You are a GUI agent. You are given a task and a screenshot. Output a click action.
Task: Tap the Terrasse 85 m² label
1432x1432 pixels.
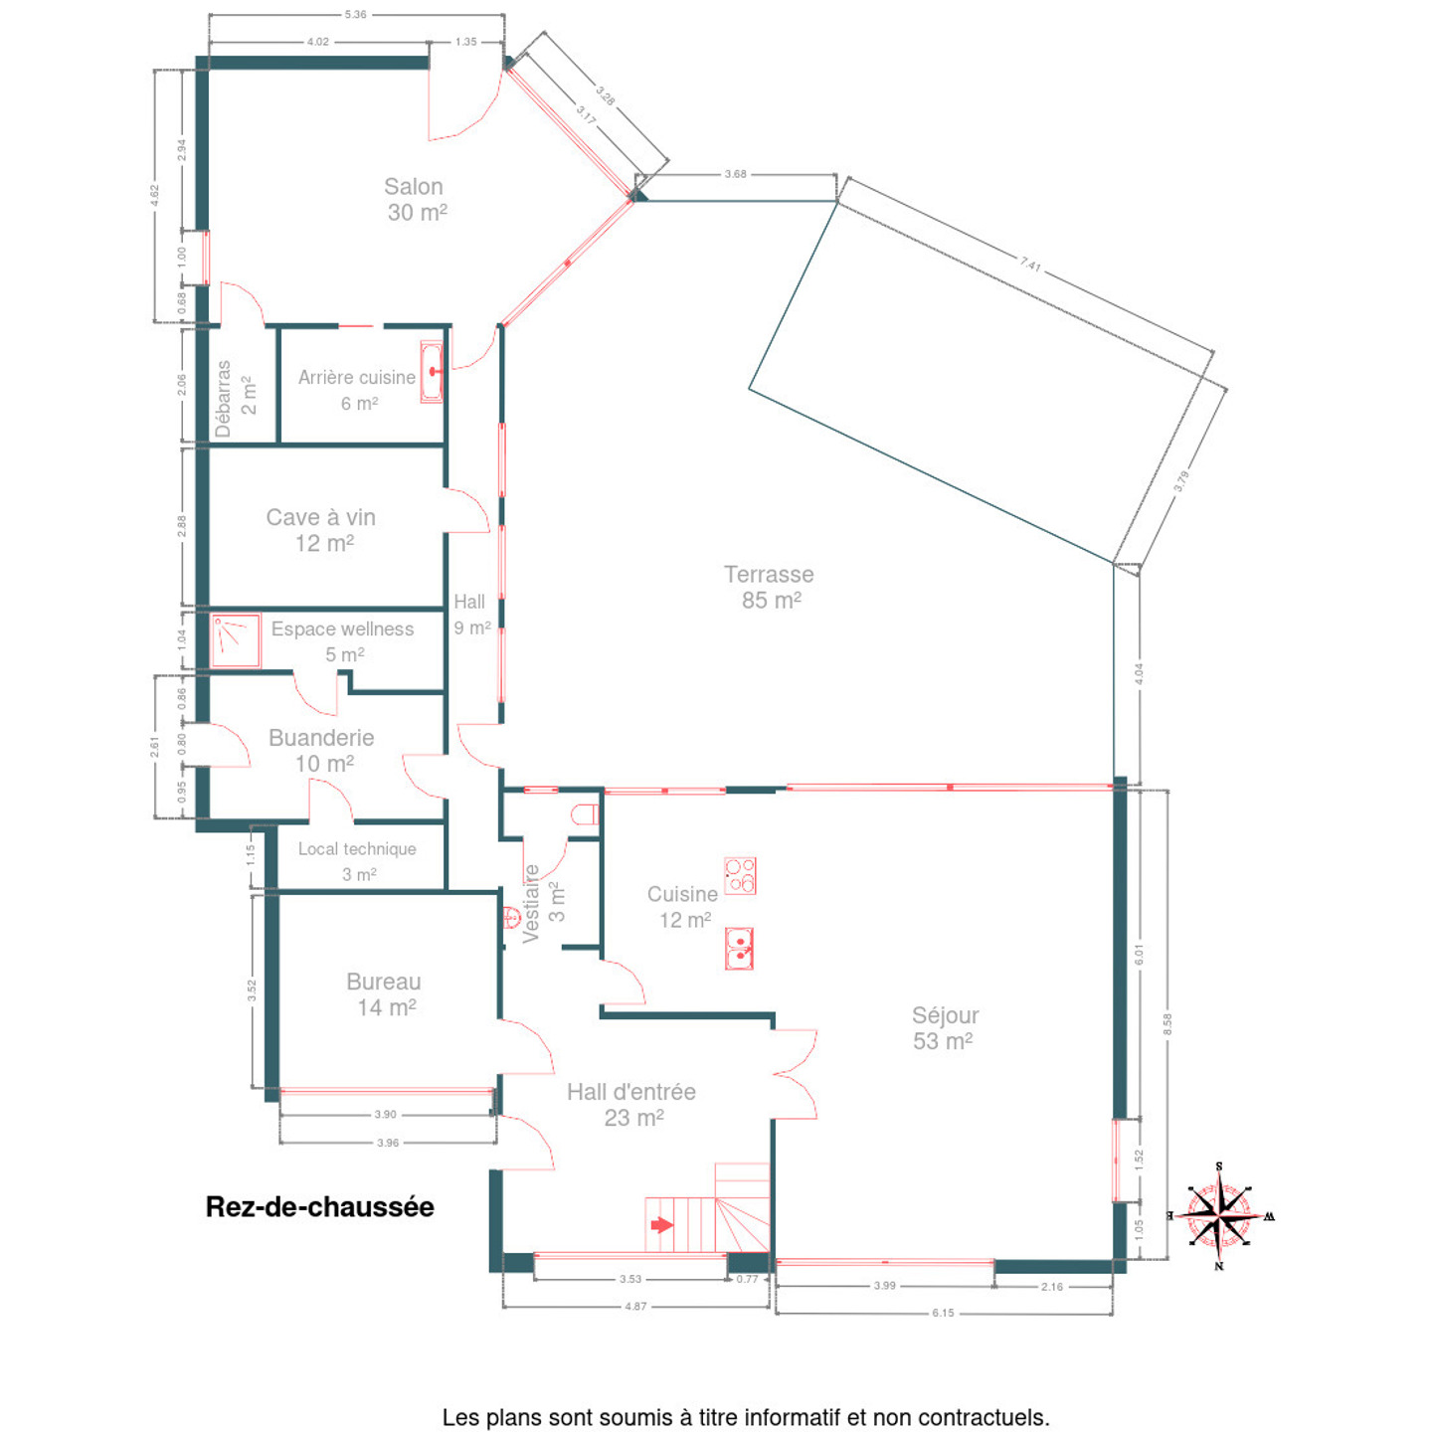tap(769, 587)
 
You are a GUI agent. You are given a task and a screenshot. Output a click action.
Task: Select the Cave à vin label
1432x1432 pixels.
tap(321, 530)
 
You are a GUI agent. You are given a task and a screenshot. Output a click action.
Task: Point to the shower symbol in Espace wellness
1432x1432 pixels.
tap(235, 639)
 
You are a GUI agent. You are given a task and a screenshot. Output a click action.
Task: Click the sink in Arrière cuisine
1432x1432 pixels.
tap(432, 372)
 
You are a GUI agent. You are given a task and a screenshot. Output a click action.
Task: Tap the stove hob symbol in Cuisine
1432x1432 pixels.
tap(740, 875)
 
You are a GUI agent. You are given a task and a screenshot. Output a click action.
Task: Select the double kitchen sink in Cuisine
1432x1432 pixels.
tap(740, 949)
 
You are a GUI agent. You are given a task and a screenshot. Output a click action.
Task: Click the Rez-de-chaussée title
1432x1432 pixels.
tap(319, 1207)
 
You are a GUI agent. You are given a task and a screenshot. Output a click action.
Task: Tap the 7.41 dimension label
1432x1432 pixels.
tap(1030, 264)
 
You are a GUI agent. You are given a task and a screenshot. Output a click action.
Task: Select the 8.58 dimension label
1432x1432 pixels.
tap(1167, 1024)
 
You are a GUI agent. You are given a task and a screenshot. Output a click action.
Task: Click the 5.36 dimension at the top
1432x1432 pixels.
tap(355, 14)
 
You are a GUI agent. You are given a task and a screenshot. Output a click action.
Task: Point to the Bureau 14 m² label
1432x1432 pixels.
tap(384, 994)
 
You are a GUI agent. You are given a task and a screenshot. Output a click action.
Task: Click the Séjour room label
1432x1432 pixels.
tap(945, 1027)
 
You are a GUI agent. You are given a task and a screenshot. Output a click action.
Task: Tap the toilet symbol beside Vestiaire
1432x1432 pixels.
tap(586, 814)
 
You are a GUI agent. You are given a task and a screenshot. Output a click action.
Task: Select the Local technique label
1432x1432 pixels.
tap(357, 848)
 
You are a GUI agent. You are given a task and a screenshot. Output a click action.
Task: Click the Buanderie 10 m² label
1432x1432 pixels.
tap(321, 751)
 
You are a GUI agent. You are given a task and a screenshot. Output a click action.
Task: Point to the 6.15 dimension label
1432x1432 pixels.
tap(943, 1312)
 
